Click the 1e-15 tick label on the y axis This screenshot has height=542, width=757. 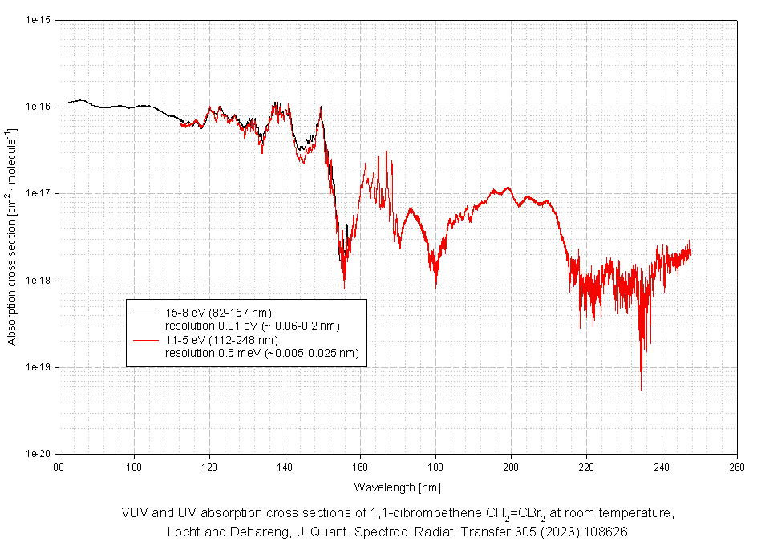coord(38,20)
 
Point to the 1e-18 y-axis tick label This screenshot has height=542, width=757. coord(38,281)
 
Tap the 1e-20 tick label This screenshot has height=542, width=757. coord(38,454)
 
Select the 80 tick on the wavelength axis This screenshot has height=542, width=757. coord(59,466)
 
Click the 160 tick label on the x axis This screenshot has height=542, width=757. coord(360,466)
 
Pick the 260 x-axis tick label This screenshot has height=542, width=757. coord(737,466)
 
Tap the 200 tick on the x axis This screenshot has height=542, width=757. coord(511,466)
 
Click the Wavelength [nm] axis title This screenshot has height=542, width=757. coord(397,487)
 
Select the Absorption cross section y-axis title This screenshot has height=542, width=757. coord(11,237)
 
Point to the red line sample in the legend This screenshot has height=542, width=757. coord(146,340)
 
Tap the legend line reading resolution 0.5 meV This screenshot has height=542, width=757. coord(261,353)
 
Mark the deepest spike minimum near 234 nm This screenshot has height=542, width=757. coord(641,390)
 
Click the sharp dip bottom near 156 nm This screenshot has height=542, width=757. coord(345,288)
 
